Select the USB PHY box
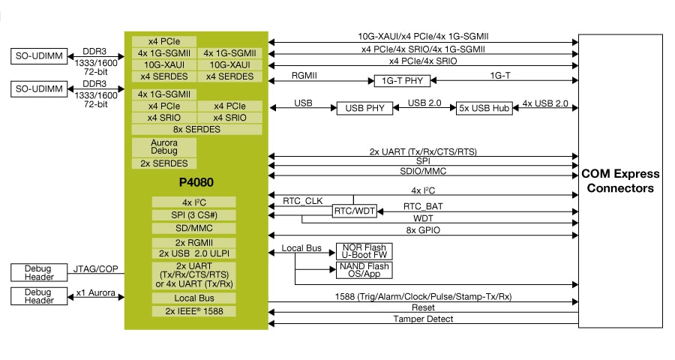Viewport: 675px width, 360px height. pyautogui.click(x=364, y=108)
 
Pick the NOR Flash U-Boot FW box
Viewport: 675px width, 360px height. pyautogui.click(x=363, y=251)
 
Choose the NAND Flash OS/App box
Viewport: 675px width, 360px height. pyautogui.click(x=363, y=270)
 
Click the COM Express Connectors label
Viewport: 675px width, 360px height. pyautogui.click(x=619, y=181)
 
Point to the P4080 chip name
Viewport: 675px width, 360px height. pyautogui.click(x=196, y=182)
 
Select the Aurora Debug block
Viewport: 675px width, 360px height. pyautogui.click(x=164, y=146)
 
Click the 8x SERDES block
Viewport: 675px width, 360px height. pyautogui.click(x=196, y=129)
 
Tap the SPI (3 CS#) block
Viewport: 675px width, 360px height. pyautogui.click(x=193, y=215)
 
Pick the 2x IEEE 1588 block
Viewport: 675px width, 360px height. pyautogui.click(x=193, y=311)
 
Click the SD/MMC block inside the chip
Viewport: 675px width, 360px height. pyautogui.click(x=193, y=228)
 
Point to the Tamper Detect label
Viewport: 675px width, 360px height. pyautogui.click(x=423, y=319)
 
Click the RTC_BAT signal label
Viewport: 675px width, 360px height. pyautogui.click(x=422, y=206)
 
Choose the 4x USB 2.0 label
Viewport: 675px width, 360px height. pyautogui.click(x=545, y=103)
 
